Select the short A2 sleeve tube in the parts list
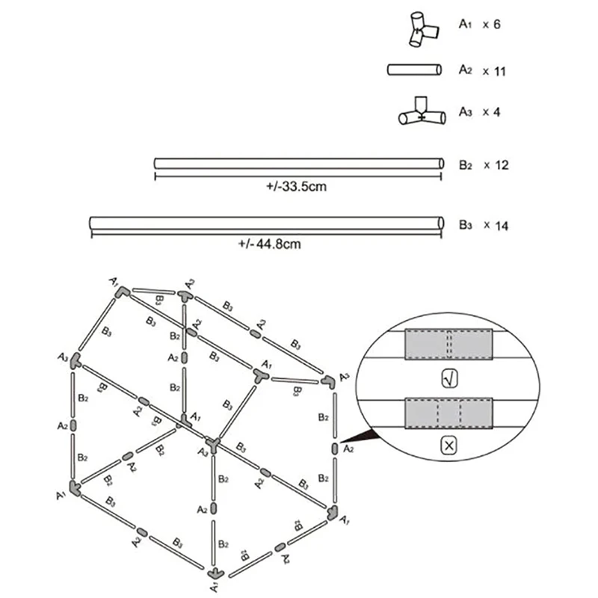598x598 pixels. [x=413, y=70]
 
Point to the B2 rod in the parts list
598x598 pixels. [x=298, y=163]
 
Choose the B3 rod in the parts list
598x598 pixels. [x=265, y=224]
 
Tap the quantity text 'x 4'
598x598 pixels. [x=490, y=113]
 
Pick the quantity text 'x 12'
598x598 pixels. [x=496, y=164]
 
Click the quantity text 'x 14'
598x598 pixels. [x=496, y=225]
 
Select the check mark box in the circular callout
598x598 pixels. [x=449, y=380]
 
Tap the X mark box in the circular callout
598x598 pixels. [x=449, y=446]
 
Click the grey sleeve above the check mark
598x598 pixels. [x=448, y=345]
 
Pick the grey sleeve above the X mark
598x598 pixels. [x=448, y=413]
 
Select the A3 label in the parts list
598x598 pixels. [x=465, y=113]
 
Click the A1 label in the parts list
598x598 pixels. [x=465, y=25]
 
